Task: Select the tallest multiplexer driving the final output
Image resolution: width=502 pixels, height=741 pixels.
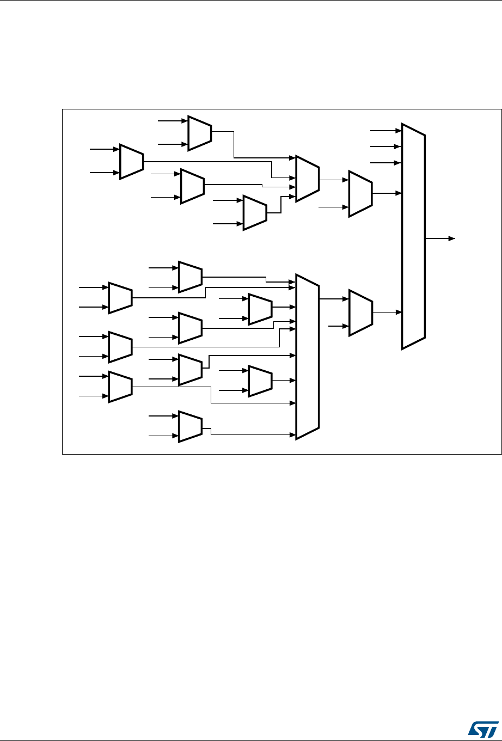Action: pos(413,236)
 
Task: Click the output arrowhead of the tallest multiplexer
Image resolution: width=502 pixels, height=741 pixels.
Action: pos(451,238)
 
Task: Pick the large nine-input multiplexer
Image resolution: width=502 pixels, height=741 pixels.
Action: pos(307,356)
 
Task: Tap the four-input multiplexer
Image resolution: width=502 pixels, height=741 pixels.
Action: pos(307,179)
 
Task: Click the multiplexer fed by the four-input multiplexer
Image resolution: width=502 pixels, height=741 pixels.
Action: pos(360,193)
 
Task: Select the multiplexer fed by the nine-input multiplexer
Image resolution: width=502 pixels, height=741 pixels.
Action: pos(360,312)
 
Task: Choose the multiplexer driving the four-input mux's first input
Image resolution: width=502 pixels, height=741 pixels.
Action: pos(199,132)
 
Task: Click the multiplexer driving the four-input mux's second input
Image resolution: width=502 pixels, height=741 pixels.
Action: pos(131,162)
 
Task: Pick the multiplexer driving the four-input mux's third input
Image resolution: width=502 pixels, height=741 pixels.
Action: pos(192,186)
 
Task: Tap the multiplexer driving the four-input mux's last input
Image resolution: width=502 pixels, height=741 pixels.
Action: pos(255,212)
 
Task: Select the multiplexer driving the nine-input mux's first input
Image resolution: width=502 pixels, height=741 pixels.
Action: pos(190,277)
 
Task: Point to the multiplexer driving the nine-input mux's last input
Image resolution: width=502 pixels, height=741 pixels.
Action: pos(190,426)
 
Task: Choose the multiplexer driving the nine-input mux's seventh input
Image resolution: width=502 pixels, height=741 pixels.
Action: pos(260,380)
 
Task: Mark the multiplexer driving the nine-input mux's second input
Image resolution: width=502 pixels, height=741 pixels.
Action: pos(120,298)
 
